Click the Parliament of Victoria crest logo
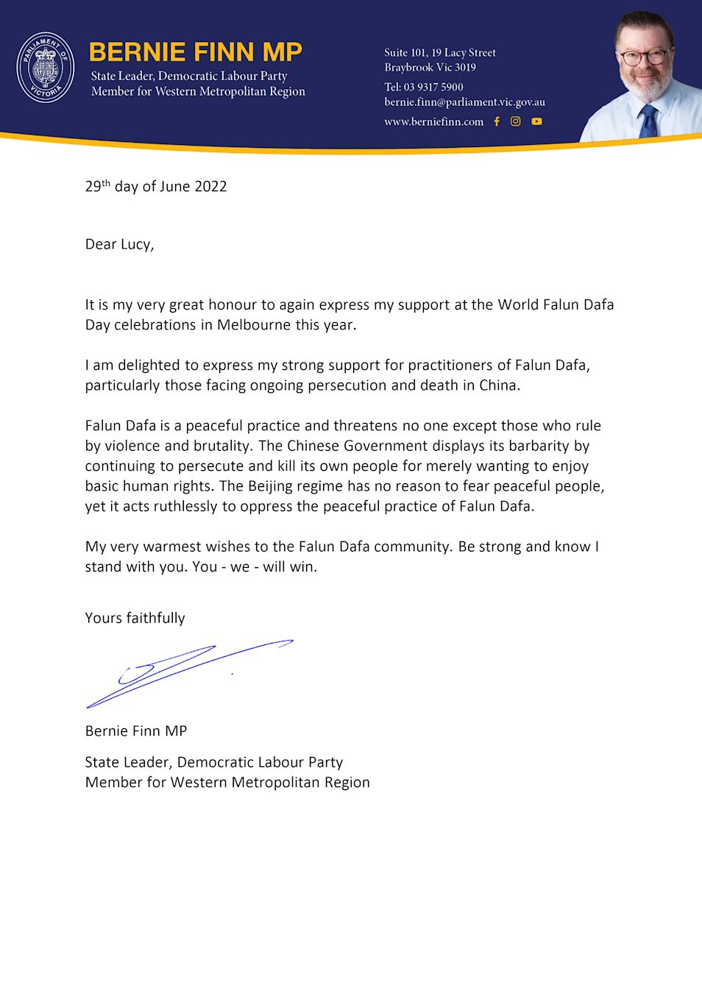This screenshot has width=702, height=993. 46,68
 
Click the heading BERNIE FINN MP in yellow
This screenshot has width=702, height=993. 196,52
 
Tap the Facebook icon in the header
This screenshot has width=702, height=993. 497,121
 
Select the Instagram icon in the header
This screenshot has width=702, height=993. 516,121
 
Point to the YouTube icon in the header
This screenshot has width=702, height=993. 537,121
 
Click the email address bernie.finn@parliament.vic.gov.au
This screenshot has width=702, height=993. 464,102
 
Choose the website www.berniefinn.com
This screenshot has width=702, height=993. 433,121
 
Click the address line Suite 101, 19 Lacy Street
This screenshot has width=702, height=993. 440,53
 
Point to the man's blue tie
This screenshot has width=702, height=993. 648,121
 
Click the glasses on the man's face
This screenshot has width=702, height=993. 643,57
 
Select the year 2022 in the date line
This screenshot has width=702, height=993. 210,187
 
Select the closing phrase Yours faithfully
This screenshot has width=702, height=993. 135,618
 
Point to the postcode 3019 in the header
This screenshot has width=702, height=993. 465,68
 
